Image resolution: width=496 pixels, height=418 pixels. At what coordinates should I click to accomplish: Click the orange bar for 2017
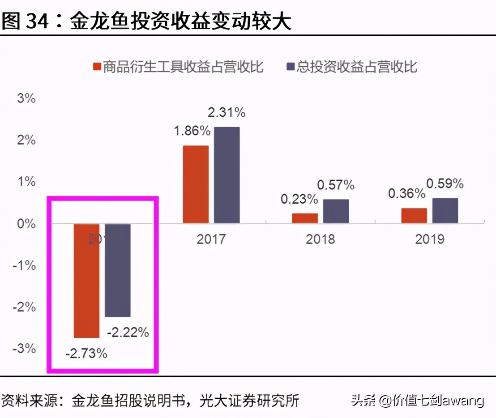coord(196,184)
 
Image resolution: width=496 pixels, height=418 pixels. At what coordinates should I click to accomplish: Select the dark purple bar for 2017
coord(227,175)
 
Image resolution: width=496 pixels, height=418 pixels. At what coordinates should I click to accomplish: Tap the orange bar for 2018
coord(305,218)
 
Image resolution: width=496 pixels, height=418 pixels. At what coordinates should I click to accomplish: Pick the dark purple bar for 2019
coord(445,210)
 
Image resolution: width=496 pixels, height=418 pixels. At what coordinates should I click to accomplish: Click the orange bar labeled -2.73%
coord(86,281)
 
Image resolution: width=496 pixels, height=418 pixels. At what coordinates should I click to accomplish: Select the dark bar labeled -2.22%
coord(117,270)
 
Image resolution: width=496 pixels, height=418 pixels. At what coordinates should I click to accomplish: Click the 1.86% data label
coord(192,131)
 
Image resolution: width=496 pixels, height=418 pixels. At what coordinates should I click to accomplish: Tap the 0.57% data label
coord(336,184)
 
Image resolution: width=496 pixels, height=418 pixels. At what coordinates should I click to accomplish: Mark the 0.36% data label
coord(406,193)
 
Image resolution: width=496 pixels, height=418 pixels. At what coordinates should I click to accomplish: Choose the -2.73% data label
coord(86,354)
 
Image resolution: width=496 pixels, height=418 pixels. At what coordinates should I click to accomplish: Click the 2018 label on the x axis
coord(320,239)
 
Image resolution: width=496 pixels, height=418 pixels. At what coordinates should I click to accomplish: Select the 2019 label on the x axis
coord(430,239)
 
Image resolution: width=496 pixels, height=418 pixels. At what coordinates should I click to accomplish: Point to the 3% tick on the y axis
coord(26,98)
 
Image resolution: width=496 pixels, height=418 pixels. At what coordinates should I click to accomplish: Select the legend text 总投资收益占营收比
coord(357,67)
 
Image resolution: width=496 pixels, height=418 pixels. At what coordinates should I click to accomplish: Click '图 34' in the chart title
coord(25,21)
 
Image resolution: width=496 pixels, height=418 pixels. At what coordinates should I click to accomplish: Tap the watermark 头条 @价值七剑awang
coord(417,400)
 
